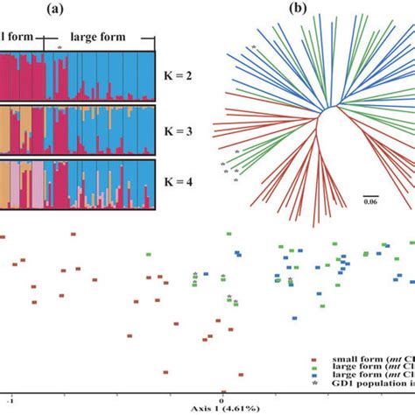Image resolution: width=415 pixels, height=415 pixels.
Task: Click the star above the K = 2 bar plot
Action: (59, 46)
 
